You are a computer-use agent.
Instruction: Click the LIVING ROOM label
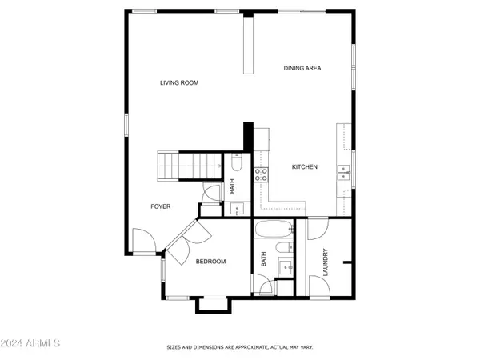click(x=179, y=82)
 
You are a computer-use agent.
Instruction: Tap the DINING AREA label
click(x=302, y=68)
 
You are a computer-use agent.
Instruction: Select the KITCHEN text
click(x=304, y=167)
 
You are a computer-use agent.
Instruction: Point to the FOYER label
click(x=161, y=206)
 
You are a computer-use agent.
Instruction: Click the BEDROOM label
click(x=210, y=262)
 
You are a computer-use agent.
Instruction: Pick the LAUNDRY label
click(x=325, y=262)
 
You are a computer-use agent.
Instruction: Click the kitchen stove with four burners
click(x=261, y=174)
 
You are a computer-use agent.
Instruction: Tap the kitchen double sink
click(x=343, y=173)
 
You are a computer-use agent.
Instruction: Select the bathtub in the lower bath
click(x=274, y=229)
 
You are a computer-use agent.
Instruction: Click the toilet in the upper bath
click(x=237, y=162)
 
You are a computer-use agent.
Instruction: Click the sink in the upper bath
click(x=237, y=209)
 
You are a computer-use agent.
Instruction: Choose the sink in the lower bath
click(x=286, y=267)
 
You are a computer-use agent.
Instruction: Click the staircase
click(x=190, y=166)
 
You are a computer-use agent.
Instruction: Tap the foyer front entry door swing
click(x=144, y=242)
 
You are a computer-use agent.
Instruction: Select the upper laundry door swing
click(x=318, y=228)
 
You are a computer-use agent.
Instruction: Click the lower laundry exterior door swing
click(x=319, y=286)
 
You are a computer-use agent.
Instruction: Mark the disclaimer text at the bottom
click(x=240, y=347)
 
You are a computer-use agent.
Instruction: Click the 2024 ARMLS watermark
click(x=30, y=343)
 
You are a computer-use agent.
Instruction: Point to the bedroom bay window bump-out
click(x=214, y=305)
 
